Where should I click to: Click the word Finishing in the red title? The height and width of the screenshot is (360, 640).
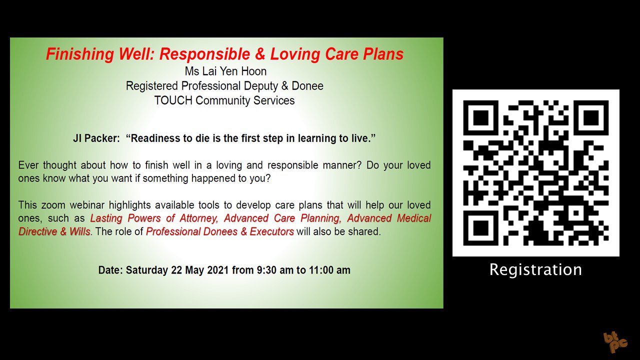80,54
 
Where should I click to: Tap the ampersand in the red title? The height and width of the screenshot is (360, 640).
260,54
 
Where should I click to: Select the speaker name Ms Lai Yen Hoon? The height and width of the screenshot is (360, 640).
225,71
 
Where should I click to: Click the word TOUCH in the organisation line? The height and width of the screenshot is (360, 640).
173,100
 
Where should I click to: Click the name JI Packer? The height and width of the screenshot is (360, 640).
96,138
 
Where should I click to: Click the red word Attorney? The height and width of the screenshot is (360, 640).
199,218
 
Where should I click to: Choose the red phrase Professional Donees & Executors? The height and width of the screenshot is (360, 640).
219,231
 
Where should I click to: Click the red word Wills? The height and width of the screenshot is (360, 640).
79,231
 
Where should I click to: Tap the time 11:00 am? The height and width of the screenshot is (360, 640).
329,270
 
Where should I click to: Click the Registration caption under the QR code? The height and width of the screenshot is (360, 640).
535,269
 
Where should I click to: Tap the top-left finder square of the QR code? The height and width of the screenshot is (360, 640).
481,117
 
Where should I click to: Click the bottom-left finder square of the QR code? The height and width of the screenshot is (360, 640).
481,228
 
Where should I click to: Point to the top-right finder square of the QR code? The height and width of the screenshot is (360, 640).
591,117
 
